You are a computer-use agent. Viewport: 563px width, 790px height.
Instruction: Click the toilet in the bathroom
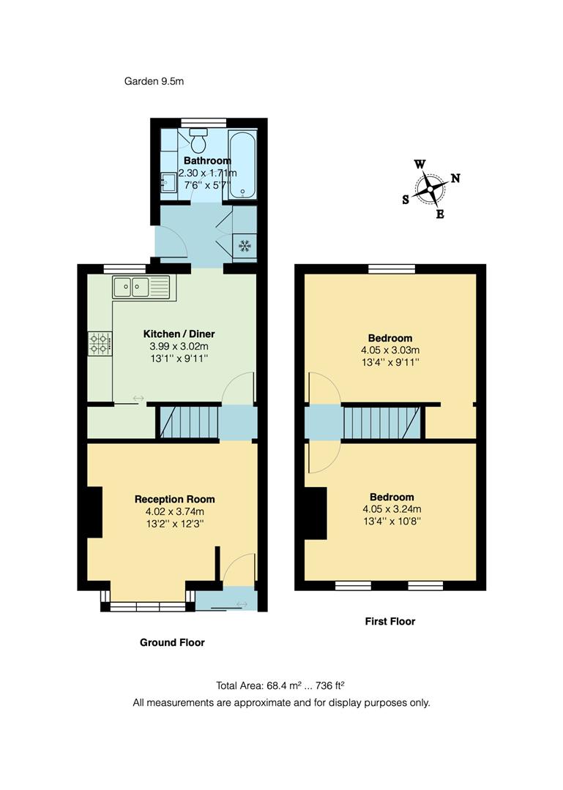[x=198, y=139]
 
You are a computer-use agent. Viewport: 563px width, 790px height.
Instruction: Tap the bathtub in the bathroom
[x=242, y=165]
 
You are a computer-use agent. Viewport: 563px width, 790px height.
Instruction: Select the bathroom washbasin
[x=168, y=182]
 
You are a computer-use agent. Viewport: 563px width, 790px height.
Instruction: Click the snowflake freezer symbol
[x=245, y=247]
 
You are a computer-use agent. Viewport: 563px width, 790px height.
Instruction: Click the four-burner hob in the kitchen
[x=100, y=344]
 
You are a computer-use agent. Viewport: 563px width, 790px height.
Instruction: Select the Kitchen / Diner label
[x=179, y=334]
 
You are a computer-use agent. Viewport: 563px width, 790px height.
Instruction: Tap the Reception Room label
[x=174, y=500]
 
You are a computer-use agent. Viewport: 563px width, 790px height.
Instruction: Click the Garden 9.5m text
[x=154, y=81]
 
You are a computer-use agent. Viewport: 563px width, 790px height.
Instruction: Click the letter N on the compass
[x=455, y=178]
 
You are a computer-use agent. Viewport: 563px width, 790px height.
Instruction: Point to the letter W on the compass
[x=420, y=165]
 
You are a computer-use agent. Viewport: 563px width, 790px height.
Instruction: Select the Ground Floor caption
[x=172, y=642]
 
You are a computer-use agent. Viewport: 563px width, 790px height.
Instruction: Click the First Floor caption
[x=390, y=621]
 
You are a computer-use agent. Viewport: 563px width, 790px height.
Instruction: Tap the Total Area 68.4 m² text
[x=258, y=685]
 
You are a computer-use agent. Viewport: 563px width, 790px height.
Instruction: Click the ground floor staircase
[x=189, y=422]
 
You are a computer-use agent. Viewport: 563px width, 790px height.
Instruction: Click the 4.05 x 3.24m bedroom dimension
[x=392, y=509]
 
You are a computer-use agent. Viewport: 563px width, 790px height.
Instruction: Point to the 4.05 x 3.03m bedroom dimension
[x=390, y=350]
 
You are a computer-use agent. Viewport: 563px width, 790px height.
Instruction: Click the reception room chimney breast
[x=95, y=512]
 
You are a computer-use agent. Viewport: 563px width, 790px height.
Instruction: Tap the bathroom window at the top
[x=204, y=122]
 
